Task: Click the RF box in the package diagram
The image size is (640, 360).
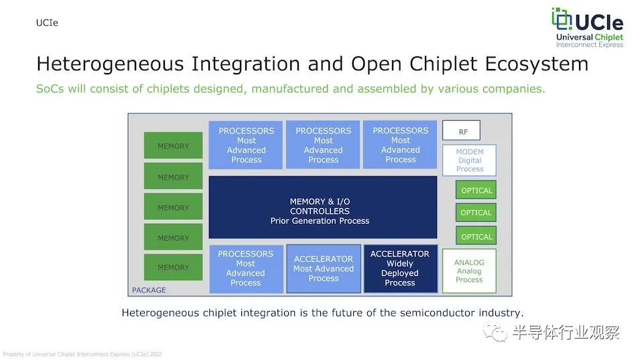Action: click(x=461, y=131)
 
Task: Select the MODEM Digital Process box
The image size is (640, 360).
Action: click(x=469, y=160)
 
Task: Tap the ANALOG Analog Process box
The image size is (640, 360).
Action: click(x=469, y=271)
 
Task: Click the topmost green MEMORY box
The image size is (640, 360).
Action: click(x=173, y=145)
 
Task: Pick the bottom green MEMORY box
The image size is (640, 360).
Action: click(x=173, y=267)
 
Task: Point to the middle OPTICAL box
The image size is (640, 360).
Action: click(x=476, y=213)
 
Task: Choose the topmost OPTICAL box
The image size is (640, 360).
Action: click(x=476, y=190)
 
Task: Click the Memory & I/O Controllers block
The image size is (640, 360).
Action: click(x=323, y=207)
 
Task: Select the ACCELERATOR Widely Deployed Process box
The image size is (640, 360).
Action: click(x=400, y=269)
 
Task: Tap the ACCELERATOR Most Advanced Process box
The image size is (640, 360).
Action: click(x=324, y=269)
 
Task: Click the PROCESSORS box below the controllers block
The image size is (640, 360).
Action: click(x=246, y=269)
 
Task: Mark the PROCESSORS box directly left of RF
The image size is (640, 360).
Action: click(x=400, y=145)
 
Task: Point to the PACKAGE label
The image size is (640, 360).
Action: click(x=149, y=290)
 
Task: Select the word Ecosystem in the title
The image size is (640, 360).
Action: click(x=536, y=64)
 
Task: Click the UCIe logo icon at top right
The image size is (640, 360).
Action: click(x=561, y=19)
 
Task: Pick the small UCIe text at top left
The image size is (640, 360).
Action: click(x=47, y=23)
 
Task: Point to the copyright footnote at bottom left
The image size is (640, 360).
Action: click(x=82, y=354)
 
